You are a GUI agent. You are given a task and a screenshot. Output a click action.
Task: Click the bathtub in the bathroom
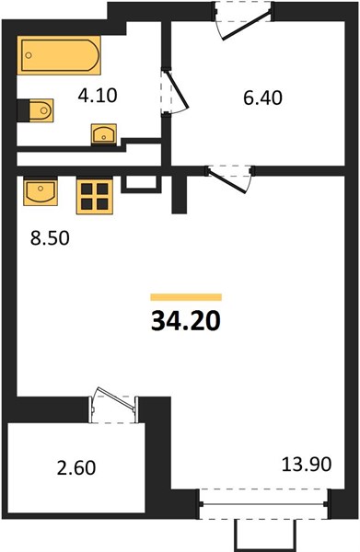59,55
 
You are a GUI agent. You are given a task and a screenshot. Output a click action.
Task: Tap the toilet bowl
41,110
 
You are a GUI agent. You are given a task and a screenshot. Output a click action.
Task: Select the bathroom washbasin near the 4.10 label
103,134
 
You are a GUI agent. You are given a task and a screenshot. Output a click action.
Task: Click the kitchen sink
41,192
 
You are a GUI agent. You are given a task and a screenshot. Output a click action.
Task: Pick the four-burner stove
95,197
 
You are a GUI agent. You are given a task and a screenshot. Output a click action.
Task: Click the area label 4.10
98,96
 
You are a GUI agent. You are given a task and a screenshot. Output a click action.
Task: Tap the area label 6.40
262,98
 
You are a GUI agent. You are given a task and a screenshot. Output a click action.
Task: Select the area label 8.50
50,238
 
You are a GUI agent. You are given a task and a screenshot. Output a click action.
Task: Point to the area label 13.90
307,464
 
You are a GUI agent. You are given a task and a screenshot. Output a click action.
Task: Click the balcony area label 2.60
76,468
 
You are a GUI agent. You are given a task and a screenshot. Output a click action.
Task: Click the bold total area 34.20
186,321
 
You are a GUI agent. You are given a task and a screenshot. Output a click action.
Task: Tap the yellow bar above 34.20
186,297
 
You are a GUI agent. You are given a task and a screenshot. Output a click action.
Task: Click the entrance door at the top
243,20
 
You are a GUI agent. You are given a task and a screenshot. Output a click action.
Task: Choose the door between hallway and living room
228,179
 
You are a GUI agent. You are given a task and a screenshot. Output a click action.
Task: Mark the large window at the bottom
263,504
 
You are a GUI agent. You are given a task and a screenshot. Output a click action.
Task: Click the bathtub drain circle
29,55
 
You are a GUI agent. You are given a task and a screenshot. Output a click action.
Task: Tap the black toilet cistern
23,110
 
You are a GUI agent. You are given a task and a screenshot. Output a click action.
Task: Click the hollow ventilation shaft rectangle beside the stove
141,184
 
